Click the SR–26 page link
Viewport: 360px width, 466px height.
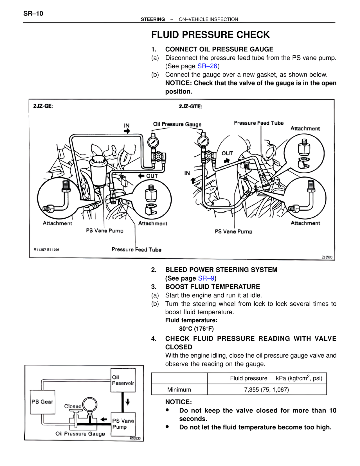pos(207,66)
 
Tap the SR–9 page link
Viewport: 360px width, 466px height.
pos(206,278)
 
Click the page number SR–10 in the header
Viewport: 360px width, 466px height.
pos(33,14)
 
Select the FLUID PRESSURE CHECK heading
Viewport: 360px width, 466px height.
pos(210,35)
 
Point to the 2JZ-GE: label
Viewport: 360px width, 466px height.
pos(43,106)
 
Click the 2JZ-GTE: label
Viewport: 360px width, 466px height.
pos(190,106)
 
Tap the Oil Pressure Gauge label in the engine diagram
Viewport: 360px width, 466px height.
pos(177,124)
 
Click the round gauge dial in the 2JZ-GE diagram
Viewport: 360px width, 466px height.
pos(153,142)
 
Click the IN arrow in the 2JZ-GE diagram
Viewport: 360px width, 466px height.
pos(127,131)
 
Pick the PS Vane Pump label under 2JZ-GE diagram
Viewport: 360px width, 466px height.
pos(105,231)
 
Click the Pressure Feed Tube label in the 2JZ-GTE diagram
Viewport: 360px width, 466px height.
pos(259,123)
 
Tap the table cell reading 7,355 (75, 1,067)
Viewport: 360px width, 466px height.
pos(266,389)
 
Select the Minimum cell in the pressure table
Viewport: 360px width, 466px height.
pos(179,389)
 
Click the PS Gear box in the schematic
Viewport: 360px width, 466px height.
pos(42,402)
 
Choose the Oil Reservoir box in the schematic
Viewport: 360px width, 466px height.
pos(123,380)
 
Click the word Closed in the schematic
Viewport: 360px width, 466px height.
pos(73,406)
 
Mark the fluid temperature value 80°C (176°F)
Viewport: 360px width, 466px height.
pos(196,329)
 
